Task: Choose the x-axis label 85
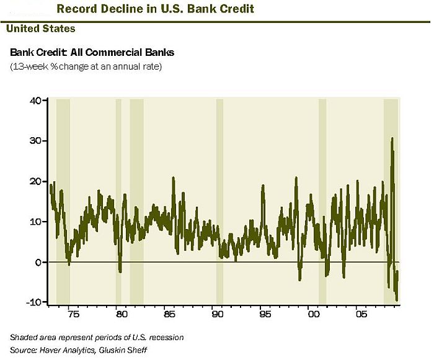pyautogui.click(x=169, y=315)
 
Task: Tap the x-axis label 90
pyautogui.click(x=217, y=315)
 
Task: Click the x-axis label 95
pyautogui.click(x=265, y=315)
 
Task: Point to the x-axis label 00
pyautogui.click(x=314, y=315)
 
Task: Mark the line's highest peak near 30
pyautogui.click(x=392, y=138)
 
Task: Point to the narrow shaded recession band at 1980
pyautogui.click(x=118, y=199)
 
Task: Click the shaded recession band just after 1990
pyautogui.click(x=219, y=199)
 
